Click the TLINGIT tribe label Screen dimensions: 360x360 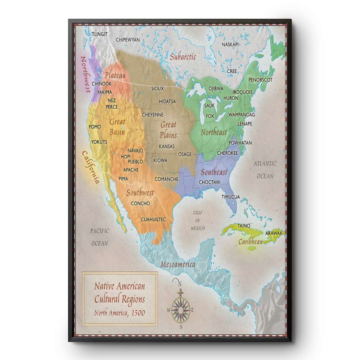100,34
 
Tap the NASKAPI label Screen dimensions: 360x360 230,44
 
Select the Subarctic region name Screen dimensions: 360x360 183,57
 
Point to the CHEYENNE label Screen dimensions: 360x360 153,115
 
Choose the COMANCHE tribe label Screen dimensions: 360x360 167,179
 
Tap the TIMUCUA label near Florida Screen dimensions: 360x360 231,197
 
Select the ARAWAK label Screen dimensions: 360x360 274,233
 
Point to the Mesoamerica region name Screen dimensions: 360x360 178,265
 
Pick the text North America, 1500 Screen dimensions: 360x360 120,312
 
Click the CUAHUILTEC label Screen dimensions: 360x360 153,219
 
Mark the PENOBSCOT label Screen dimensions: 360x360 260,80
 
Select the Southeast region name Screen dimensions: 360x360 214,172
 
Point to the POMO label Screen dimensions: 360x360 95,127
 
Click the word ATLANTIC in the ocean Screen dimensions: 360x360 265,164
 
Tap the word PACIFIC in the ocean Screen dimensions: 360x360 100,231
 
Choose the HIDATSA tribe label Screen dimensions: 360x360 167,102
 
